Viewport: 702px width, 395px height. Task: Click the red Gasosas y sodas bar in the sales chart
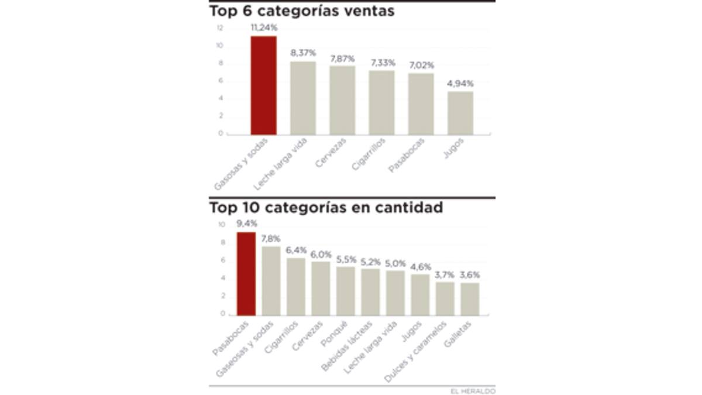(263, 85)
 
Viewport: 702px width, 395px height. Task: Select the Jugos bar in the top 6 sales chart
(460, 113)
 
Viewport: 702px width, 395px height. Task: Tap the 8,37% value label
(303, 53)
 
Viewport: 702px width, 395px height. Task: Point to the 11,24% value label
(263, 28)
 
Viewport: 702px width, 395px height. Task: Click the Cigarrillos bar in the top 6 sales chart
(381, 102)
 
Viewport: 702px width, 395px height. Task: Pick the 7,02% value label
(421, 65)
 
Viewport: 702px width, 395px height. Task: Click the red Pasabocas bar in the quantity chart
(246, 273)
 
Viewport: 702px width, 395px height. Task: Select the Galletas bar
(470, 299)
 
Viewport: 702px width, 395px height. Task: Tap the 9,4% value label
(246, 223)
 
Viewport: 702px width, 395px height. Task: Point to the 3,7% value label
(445, 274)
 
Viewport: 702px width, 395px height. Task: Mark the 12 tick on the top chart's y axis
(219, 28)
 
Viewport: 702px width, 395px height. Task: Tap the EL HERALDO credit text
(473, 390)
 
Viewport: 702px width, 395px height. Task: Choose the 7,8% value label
(271, 239)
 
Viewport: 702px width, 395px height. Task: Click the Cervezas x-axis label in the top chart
(331, 153)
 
